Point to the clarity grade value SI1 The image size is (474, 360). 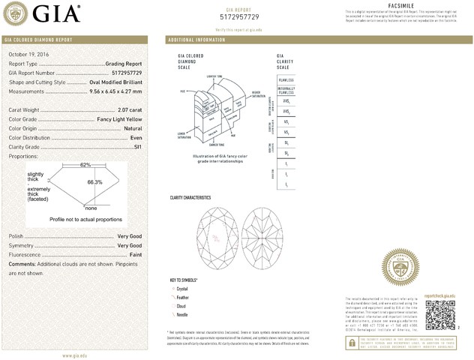(137, 147)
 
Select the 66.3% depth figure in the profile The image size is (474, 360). (94, 182)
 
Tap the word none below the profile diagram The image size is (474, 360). (91, 208)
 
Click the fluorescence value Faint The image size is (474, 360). (136, 255)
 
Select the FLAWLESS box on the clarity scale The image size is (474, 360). (286, 79)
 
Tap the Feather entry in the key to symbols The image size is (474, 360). (183, 297)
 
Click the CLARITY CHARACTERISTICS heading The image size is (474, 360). (190, 198)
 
